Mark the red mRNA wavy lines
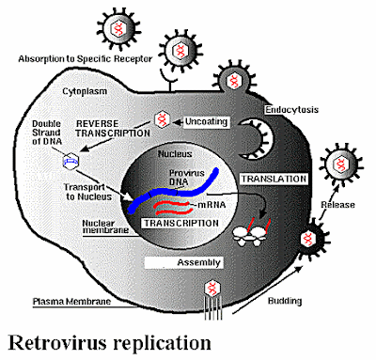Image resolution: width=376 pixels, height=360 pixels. click(x=169, y=205)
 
